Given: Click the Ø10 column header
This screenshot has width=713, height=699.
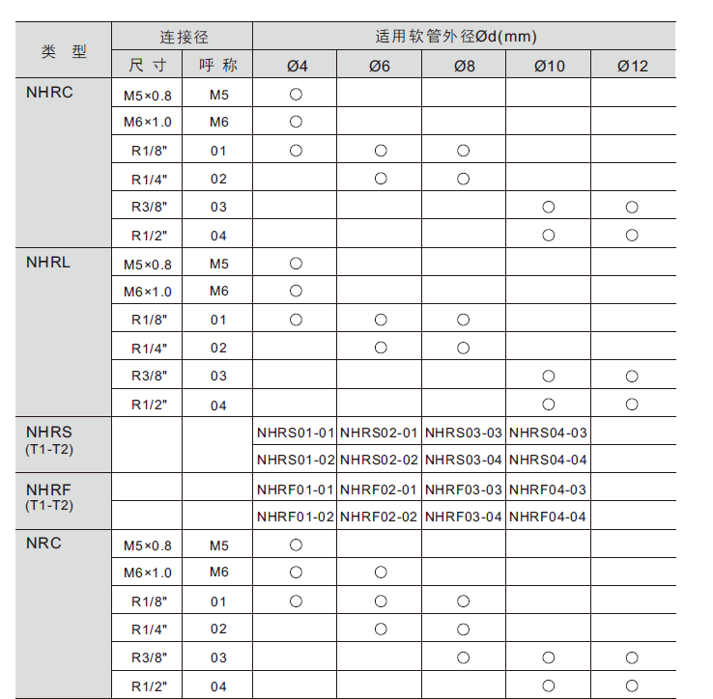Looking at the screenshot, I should [x=548, y=66].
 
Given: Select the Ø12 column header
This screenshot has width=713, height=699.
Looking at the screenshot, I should [x=633, y=66].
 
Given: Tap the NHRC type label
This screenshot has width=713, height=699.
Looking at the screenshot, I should [x=50, y=93].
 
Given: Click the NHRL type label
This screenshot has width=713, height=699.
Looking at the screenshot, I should [x=48, y=263].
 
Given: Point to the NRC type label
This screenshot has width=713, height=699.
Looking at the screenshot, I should [x=43, y=544].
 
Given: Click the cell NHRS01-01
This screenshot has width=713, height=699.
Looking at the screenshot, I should [x=296, y=433].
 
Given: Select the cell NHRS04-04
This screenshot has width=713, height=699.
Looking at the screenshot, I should [x=548, y=460].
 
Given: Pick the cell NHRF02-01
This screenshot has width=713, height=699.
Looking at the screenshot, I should [x=379, y=489].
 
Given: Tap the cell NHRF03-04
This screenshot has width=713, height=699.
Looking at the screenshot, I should [x=464, y=517].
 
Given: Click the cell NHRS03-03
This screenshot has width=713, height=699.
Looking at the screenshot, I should [x=464, y=433].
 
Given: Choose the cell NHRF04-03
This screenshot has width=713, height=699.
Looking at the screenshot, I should [x=548, y=489].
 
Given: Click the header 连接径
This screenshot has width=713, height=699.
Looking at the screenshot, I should [x=184, y=38].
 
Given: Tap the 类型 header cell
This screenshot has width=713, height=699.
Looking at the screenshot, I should [x=64, y=51].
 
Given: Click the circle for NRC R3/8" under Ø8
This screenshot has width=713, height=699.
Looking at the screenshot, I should [x=464, y=657].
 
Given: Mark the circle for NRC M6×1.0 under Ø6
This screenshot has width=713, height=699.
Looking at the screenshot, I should [x=381, y=573].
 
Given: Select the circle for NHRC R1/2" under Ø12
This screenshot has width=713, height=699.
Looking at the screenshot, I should [x=632, y=235].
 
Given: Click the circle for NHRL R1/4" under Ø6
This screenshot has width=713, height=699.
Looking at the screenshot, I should [x=381, y=348].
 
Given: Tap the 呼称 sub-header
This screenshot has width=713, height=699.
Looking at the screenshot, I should [x=218, y=66].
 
